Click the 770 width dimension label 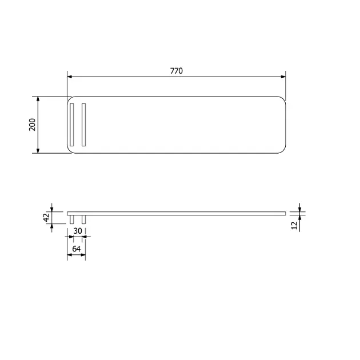[177, 71]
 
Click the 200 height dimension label [32, 125]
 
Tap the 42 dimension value [47, 217]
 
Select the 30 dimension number [78, 231]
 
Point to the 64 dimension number [77, 249]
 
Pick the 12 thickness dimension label [294, 225]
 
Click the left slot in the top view [72, 125]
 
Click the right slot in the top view [84, 125]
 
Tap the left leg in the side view [72, 219]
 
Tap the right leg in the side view [84, 219]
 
